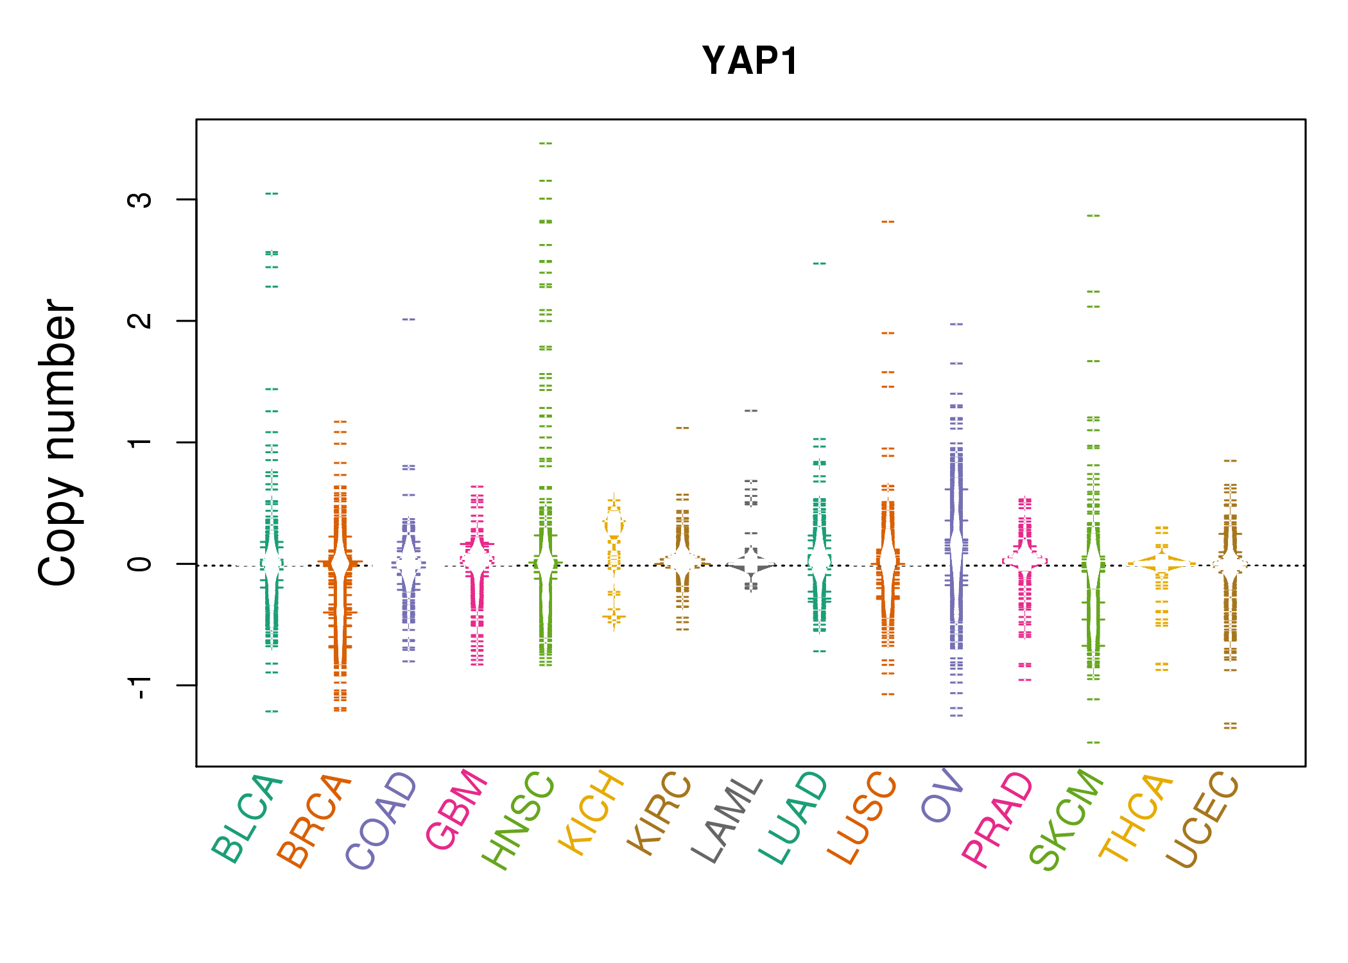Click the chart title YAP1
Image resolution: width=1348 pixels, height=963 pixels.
[x=750, y=62]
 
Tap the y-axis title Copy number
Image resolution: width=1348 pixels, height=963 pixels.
[x=58, y=443]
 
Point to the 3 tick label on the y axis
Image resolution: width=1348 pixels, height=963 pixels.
[x=140, y=200]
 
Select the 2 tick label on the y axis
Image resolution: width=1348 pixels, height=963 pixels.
[x=140, y=321]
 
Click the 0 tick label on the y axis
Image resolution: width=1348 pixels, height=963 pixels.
[x=140, y=564]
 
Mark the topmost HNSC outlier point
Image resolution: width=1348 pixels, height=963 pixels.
[x=546, y=143]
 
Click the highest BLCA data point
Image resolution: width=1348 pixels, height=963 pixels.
[x=272, y=193]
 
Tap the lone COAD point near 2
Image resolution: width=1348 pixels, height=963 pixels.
[x=409, y=319]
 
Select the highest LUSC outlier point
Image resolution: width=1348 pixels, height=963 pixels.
[x=888, y=221]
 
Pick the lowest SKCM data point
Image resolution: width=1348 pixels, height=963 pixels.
[x=1093, y=743]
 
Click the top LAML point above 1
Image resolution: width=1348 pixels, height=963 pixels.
[x=751, y=410]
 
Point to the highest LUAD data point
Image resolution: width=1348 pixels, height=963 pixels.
[x=820, y=263]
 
